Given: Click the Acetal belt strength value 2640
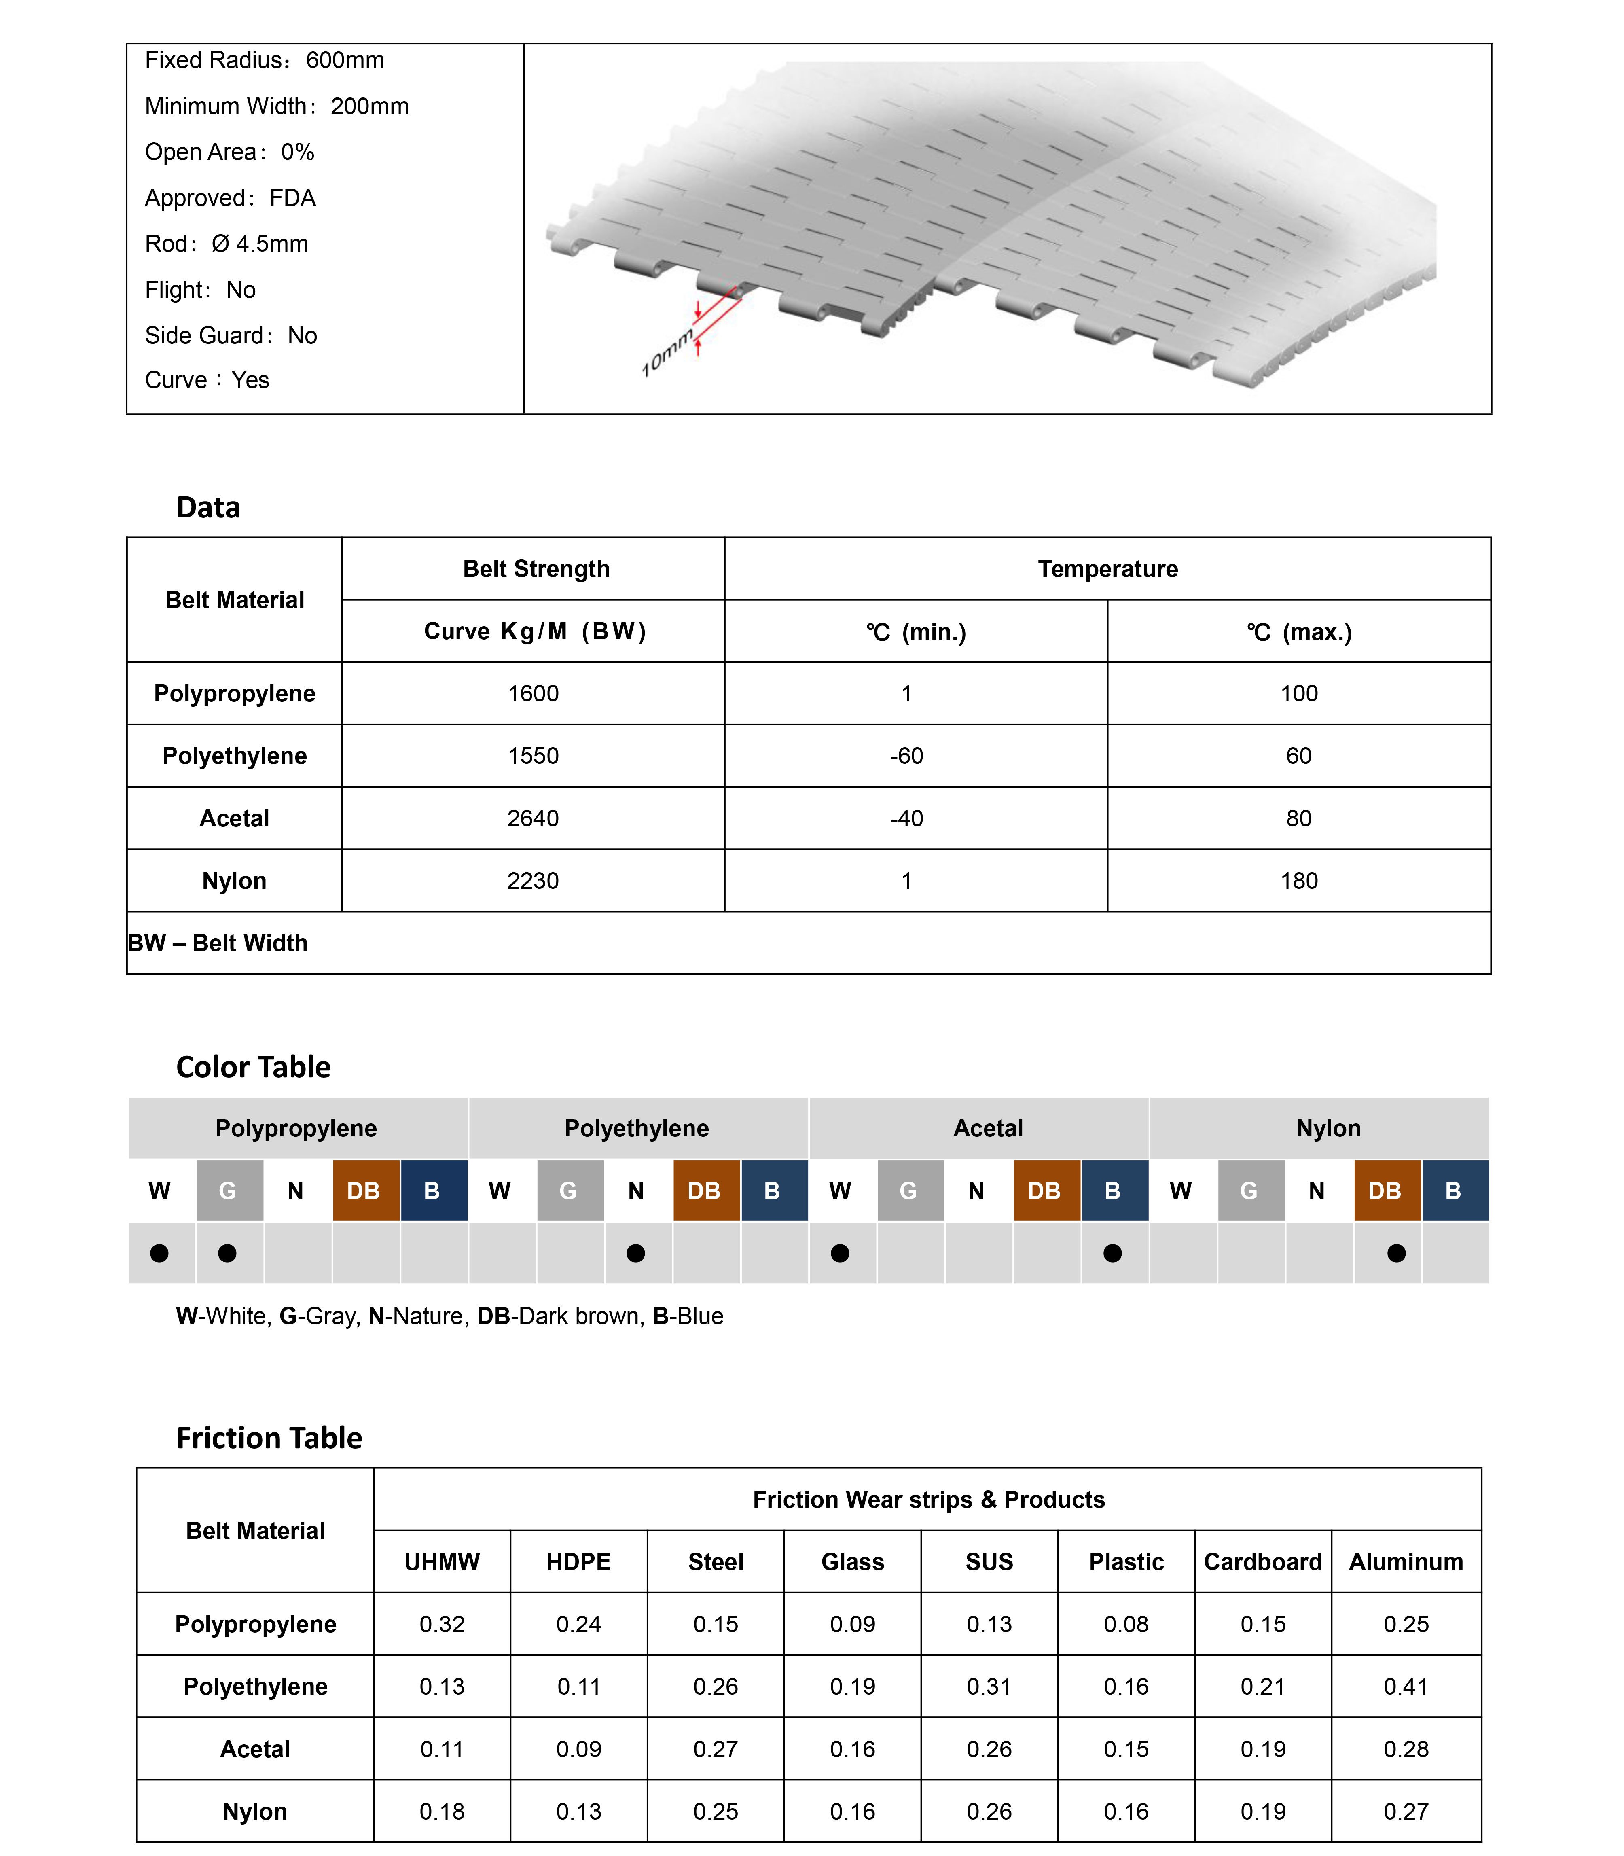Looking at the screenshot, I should pyautogui.click(x=533, y=818).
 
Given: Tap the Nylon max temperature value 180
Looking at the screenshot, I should pyautogui.click(x=1299, y=881).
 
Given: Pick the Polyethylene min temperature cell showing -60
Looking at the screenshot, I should pyautogui.click(x=906, y=756).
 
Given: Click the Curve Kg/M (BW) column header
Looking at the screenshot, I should pyautogui.click(x=535, y=631).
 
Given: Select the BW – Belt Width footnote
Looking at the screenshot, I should pyautogui.click(x=218, y=943).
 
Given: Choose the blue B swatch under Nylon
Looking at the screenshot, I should pyautogui.click(x=1454, y=1191).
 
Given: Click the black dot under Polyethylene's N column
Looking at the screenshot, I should pyautogui.click(x=636, y=1253).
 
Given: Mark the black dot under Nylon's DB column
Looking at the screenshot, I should pyautogui.click(x=1397, y=1253).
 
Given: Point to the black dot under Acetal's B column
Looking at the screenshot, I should pyautogui.click(x=1113, y=1253).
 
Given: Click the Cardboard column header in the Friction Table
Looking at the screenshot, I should pyautogui.click(x=1262, y=1561).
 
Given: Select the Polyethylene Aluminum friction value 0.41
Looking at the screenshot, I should pyautogui.click(x=1406, y=1687).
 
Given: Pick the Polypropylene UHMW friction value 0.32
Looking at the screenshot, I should pyautogui.click(x=442, y=1624).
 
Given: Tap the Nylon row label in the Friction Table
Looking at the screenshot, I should pyautogui.click(x=255, y=1812).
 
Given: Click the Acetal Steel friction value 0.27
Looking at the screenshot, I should pyautogui.click(x=716, y=1749).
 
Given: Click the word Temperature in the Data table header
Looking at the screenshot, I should pyautogui.click(x=1107, y=569).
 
